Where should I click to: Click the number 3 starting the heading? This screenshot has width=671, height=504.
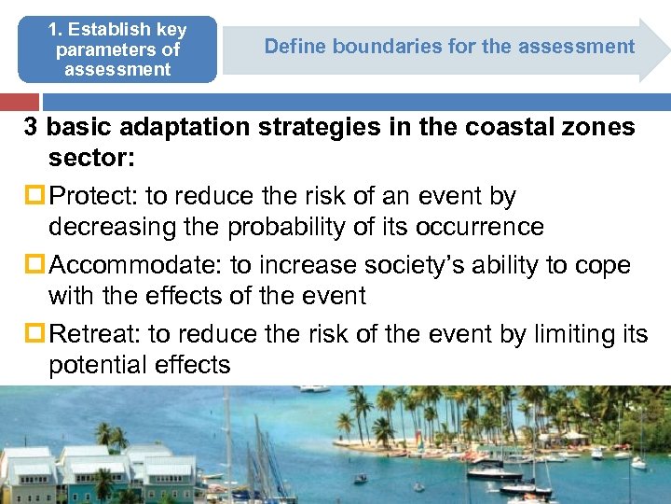coord(33,127)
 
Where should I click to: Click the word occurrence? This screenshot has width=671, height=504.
coord(474,228)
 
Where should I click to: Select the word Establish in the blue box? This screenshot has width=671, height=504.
coord(130,30)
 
